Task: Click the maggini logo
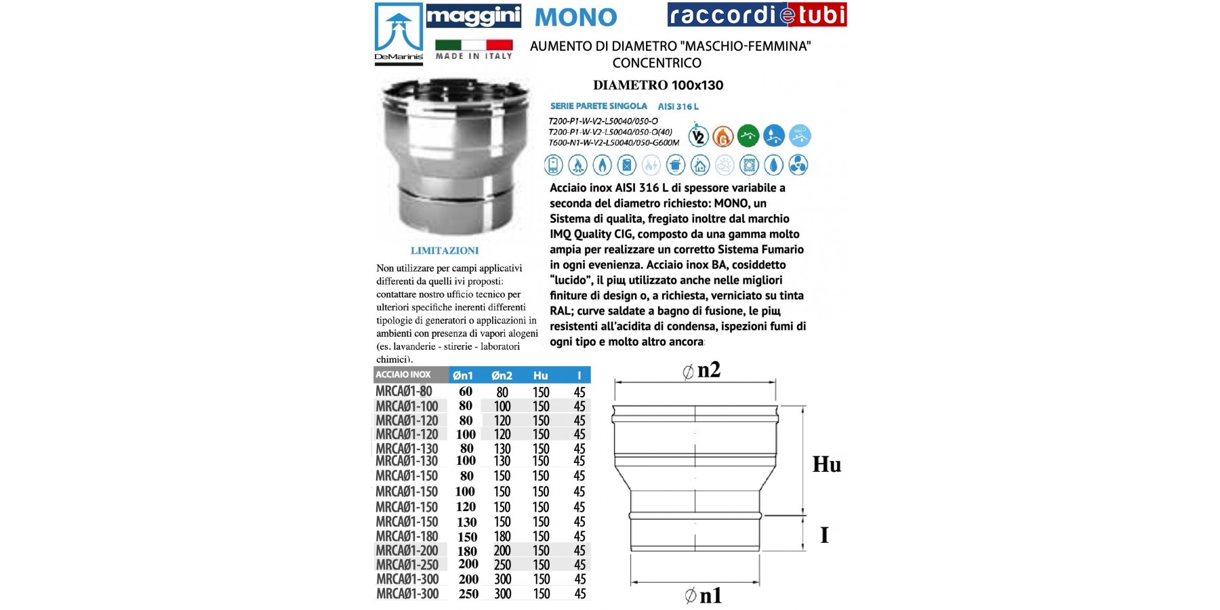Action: pyautogui.click(x=473, y=16)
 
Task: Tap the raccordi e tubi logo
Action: pyautogui.click(x=756, y=15)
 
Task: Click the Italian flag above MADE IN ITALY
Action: pyautogui.click(x=473, y=45)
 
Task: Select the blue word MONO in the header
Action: pyautogui.click(x=575, y=17)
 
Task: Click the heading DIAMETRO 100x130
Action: pyautogui.click(x=657, y=85)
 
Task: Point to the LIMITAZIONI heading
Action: pyautogui.click(x=444, y=251)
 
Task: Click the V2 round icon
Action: pyautogui.click(x=698, y=136)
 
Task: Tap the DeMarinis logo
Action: pyautogui.click(x=399, y=34)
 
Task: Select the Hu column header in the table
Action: pyautogui.click(x=540, y=375)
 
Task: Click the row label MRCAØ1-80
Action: pyautogui.click(x=404, y=391)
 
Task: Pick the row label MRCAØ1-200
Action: pyautogui.click(x=407, y=550)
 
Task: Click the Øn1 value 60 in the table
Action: pyautogui.click(x=466, y=391)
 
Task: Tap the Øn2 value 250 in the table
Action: pyautogui.click(x=502, y=565)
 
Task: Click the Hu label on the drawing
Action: pyautogui.click(x=826, y=464)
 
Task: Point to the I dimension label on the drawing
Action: pyautogui.click(x=824, y=535)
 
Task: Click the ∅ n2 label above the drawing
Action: pyautogui.click(x=701, y=370)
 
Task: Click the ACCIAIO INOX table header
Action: pyautogui.click(x=403, y=375)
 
